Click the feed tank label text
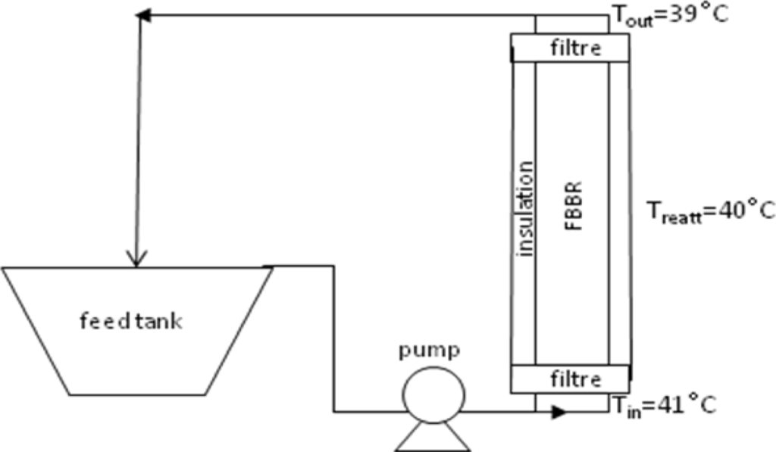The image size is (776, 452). coord(131,321)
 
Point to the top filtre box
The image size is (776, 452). coord(569,49)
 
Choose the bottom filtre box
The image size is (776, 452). coord(569,378)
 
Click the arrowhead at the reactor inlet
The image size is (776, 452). coord(559,413)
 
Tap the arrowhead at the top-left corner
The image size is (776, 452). coord(144,15)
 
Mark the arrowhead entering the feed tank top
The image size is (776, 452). coord(136,260)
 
